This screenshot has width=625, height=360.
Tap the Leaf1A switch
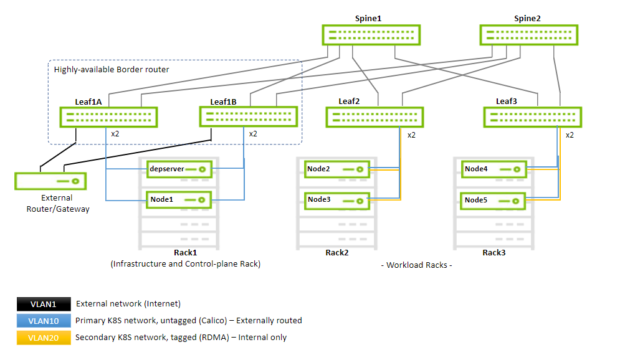(x=108, y=117)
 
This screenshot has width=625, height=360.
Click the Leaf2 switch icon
(x=375, y=117)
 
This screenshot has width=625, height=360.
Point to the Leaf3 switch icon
(x=533, y=117)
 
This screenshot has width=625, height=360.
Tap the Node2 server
(x=336, y=169)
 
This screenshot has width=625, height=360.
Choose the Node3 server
(x=336, y=200)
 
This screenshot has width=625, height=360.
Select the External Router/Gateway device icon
(x=50, y=181)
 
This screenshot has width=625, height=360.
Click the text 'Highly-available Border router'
(x=112, y=69)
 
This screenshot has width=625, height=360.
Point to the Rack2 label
(x=336, y=253)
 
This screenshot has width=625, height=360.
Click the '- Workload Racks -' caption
(x=416, y=265)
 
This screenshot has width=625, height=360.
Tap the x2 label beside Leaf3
(x=570, y=135)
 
